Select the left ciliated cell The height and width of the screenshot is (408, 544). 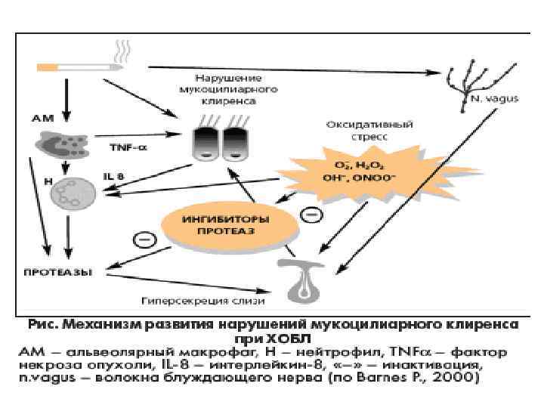pos(205,142)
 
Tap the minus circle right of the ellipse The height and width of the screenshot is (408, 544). pos(311,216)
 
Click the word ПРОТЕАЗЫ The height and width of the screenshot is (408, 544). pos(57,270)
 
